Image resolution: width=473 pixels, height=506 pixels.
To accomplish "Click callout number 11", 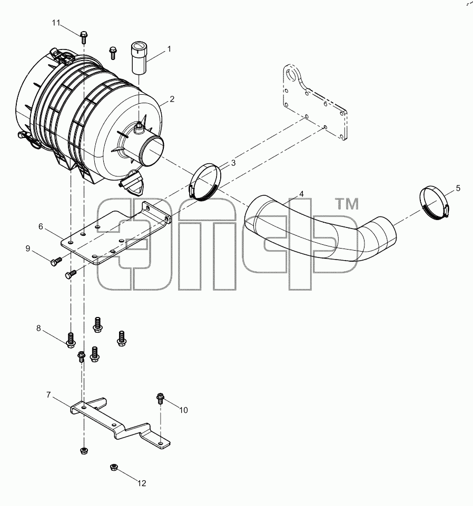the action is click(56, 23).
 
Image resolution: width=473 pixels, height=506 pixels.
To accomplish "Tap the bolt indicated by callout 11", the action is click(84, 37).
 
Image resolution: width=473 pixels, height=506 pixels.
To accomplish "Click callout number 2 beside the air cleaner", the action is click(172, 99).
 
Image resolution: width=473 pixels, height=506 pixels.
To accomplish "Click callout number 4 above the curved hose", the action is click(301, 194).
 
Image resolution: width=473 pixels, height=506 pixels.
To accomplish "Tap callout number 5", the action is click(458, 188).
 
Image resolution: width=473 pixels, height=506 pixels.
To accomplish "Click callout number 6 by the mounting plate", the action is click(41, 226).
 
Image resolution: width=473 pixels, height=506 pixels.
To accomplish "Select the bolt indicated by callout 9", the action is click(56, 261).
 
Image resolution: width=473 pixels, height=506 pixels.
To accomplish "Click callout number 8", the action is click(39, 328).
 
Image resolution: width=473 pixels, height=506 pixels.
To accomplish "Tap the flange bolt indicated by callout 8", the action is click(71, 340).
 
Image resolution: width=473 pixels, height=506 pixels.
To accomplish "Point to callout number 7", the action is click(48, 394).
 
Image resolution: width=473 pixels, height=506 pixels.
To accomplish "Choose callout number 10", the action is click(183, 410).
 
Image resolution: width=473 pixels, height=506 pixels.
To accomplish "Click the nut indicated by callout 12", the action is click(113, 467).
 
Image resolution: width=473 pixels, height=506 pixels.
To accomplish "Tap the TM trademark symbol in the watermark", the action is click(348, 204).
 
